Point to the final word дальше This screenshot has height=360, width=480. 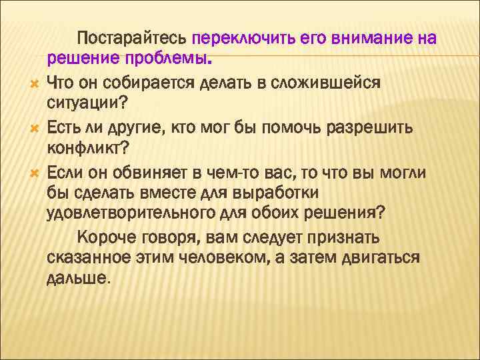point(76,279)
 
